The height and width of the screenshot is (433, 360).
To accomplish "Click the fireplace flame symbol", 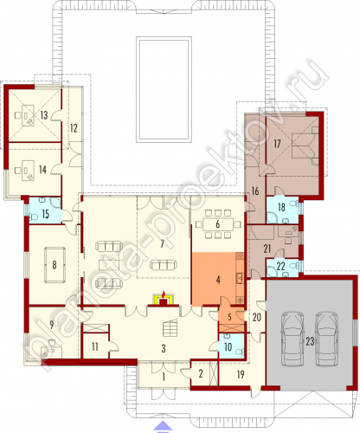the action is click(164, 294).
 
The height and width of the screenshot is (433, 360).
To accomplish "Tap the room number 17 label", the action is click(277, 144).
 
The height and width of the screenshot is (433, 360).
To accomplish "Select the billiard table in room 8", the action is click(55, 265).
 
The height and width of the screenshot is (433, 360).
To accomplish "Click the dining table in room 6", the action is click(218, 224).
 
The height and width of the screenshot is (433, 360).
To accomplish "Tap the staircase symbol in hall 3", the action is click(170, 328).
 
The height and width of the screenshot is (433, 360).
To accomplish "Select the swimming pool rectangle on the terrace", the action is click(164, 90).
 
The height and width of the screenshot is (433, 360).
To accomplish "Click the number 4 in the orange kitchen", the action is click(218, 280).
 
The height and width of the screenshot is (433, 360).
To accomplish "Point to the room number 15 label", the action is click(45, 214).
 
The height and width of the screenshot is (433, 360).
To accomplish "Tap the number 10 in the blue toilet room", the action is click(228, 347).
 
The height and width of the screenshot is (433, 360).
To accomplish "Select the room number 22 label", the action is click(280, 266).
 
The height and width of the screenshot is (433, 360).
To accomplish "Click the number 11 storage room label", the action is click(95, 346).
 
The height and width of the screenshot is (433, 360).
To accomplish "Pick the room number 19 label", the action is click(241, 375).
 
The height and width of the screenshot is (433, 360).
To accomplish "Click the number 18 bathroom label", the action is click(281, 207).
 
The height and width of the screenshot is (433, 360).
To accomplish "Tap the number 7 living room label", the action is click(162, 244).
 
